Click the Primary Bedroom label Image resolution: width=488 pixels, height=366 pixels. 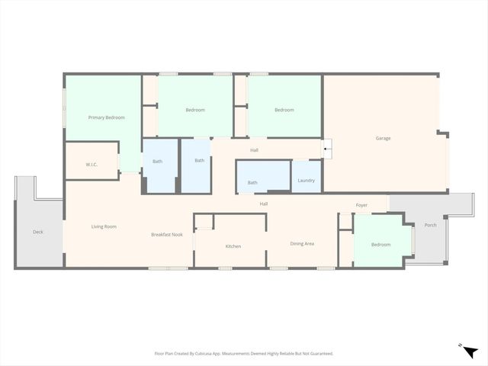(106, 117)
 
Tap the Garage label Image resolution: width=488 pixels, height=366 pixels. (384, 138)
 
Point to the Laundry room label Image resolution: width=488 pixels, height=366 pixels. (307, 181)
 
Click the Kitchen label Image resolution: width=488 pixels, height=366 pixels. (233, 246)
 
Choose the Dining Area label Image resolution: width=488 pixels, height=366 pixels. (302, 243)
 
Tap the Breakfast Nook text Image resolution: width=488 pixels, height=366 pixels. (166, 235)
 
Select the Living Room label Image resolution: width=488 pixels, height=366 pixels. (104, 226)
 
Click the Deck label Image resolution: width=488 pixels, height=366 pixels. (38, 232)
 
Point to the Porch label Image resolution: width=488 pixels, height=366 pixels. (431, 225)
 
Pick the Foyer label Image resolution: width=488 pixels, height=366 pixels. (361, 205)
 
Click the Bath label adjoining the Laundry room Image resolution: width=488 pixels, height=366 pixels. (252, 182)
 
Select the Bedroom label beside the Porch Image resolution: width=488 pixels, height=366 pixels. (380, 245)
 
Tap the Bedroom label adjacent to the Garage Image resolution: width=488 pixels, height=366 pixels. (284, 110)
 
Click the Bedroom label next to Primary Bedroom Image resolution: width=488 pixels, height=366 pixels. (195, 110)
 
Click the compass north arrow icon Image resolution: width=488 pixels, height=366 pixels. (471, 350)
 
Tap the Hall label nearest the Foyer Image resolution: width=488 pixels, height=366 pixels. (264, 204)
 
